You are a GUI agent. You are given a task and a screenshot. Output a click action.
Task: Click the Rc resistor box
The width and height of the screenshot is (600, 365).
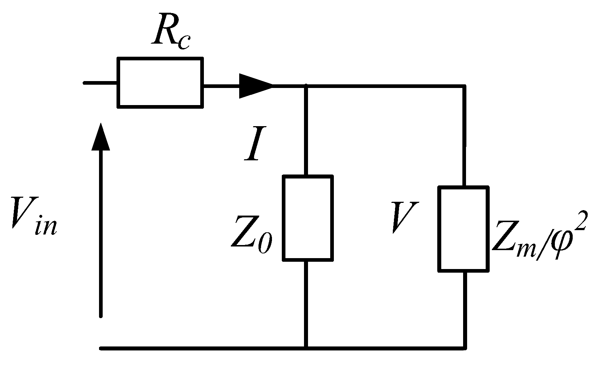(x=160, y=83)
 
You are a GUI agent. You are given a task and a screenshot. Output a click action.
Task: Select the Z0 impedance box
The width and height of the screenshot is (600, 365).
(x=308, y=218)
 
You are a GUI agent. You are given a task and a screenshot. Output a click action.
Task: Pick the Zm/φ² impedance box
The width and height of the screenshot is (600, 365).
(x=463, y=229)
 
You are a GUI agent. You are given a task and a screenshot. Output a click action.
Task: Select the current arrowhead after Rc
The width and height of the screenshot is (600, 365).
(x=255, y=86)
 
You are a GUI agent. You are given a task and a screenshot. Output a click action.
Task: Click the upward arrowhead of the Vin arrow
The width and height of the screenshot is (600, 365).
(x=100, y=136)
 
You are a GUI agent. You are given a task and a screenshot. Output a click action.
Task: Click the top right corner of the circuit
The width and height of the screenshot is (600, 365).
(x=465, y=87)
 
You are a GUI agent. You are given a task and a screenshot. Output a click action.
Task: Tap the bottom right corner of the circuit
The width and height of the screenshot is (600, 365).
(x=465, y=348)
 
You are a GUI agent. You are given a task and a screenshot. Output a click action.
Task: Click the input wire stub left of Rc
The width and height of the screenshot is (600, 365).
(x=100, y=83)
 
